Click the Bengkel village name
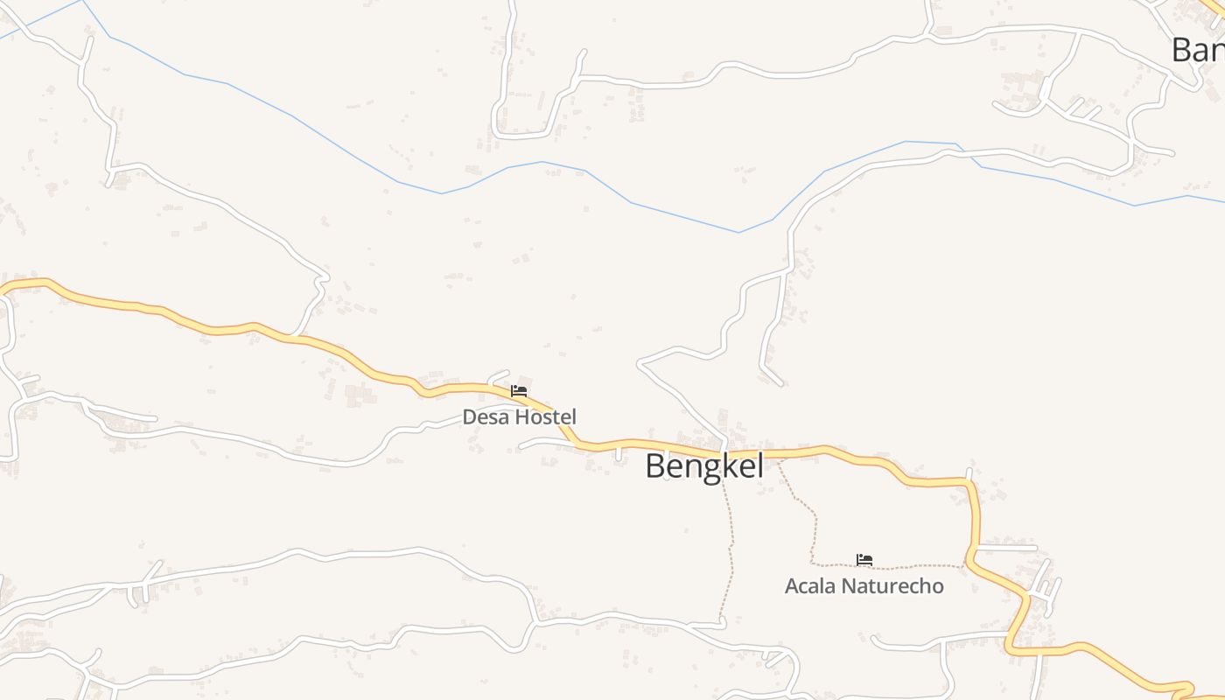pyautogui.click(x=703, y=466)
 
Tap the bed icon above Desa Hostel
pyautogui.click(x=519, y=391)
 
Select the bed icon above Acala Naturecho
pyautogui.click(x=864, y=560)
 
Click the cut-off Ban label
pyautogui.click(x=1198, y=50)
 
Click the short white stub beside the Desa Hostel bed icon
pyautogui.click(x=499, y=375)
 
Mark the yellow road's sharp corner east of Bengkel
pyautogui.click(x=971, y=484)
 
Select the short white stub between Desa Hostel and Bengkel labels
pyautogui.click(x=619, y=452)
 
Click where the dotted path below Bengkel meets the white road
pyautogui.click(x=723, y=623)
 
